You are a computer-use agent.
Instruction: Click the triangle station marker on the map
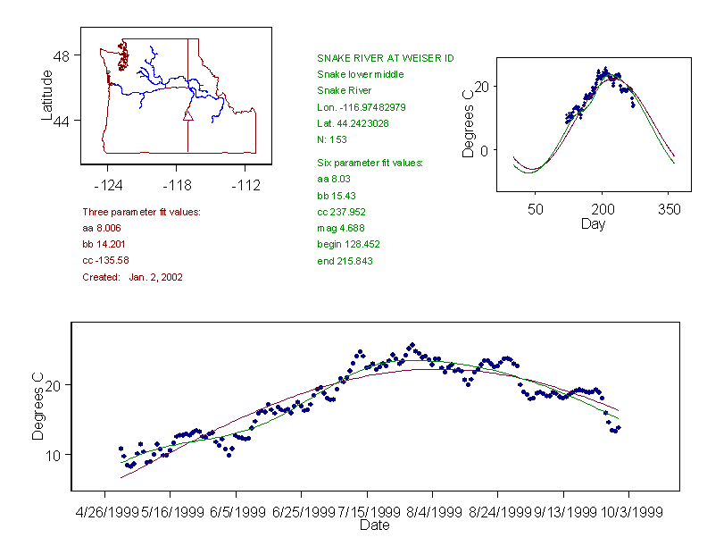(188, 115)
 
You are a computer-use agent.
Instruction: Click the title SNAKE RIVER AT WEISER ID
(385, 58)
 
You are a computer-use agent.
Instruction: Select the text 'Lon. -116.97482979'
(362, 107)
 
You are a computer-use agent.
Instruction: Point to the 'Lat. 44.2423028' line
(353, 123)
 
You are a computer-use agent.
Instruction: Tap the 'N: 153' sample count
(332, 139)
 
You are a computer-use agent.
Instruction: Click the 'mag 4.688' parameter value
(341, 229)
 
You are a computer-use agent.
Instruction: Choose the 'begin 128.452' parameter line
(348, 245)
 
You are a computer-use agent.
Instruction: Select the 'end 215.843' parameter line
(345, 261)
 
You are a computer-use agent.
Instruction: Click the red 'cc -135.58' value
(105, 260)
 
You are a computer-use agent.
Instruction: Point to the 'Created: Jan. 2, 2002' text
(132, 277)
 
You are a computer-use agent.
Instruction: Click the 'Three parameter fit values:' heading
(141, 212)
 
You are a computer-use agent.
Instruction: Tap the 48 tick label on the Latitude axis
(62, 56)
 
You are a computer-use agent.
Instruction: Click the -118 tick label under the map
(177, 186)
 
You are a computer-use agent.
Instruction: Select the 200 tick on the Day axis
(603, 209)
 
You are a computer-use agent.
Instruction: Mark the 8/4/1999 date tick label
(434, 512)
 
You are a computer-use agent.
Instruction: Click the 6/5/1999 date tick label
(237, 512)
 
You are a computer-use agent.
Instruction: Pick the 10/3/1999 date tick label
(631, 512)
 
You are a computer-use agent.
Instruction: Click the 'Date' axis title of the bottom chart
(375, 525)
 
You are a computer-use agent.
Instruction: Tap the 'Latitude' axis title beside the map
(46, 96)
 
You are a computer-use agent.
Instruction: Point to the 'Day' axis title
(593, 224)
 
